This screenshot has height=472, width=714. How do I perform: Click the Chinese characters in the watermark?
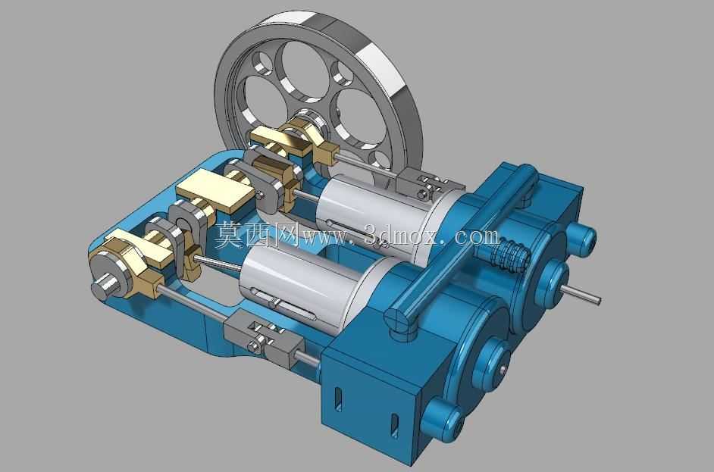click(x=256, y=234)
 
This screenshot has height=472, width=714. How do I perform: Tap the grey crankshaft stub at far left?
click(x=103, y=286)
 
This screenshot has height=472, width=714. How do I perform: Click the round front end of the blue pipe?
click(x=397, y=319)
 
